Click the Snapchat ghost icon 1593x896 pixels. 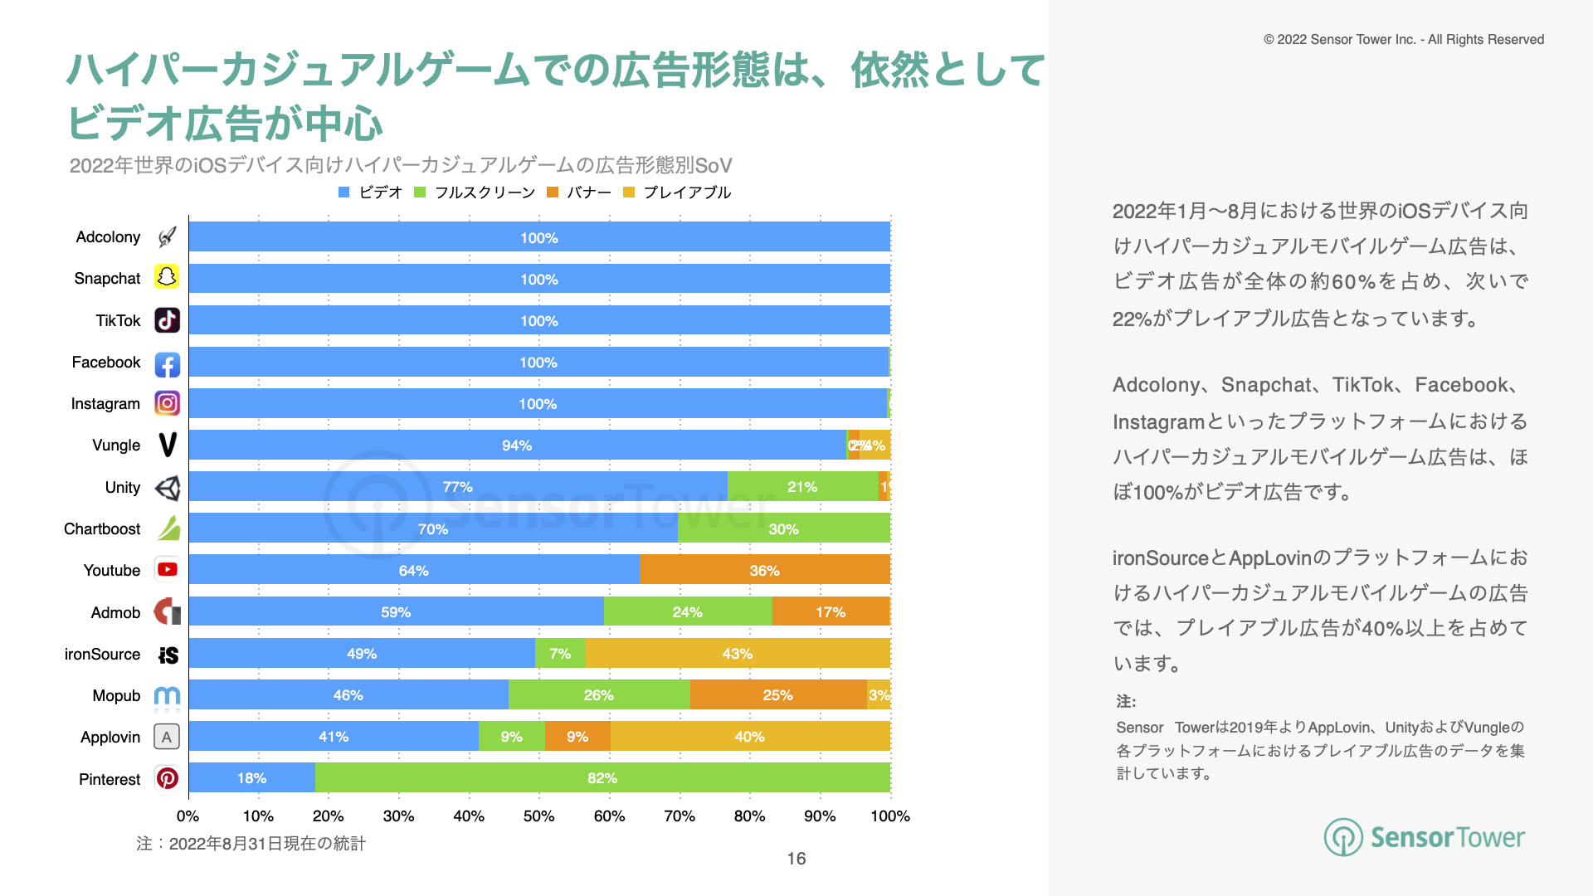coord(167,277)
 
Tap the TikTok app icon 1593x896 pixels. coord(167,320)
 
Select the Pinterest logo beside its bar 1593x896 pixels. coord(167,778)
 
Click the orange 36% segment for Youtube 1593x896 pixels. coord(764,570)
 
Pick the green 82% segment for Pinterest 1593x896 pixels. coord(602,777)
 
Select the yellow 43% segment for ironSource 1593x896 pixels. coord(737,653)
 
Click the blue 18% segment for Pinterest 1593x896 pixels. coord(251,777)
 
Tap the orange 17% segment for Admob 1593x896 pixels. coord(830,611)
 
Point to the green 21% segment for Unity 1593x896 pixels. coord(802,486)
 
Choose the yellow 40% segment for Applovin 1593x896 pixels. coord(749,736)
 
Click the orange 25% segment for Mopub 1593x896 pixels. coord(777,694)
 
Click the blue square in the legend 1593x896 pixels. coord(344,192)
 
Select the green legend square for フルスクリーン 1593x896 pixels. coord(420,192)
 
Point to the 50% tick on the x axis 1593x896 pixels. coord(539,816)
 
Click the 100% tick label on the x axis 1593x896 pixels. coord(890,816)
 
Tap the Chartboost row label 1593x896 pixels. coord(102,528)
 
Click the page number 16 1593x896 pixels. coord(796,859)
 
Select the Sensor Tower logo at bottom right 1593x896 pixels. coord(1424,837)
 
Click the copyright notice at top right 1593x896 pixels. coord(1403,39)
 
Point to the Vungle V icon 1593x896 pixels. coord(167,445)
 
